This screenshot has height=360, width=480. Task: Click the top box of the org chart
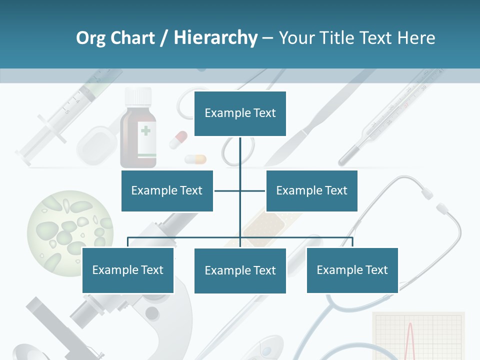tap(240, 113)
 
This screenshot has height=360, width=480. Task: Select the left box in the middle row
tap(167, 190)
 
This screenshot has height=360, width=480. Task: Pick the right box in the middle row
tap(311, 190)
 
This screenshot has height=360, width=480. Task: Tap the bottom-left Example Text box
tap(128, 270)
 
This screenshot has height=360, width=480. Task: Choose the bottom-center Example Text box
tap(240, 270)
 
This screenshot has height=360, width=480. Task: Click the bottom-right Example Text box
tap(352, 270)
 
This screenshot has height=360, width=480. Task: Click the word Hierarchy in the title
tap(215, 38)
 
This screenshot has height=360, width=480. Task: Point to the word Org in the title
tap(90, 38)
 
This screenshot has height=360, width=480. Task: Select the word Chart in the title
tap(132, 38)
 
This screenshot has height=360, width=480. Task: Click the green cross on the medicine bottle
tap(145, 131)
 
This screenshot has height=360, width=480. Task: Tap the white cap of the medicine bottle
tap(138, 95)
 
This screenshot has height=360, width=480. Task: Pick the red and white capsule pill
tap(178, 139)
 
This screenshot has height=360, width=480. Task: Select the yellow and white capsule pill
tap(195, 159)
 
